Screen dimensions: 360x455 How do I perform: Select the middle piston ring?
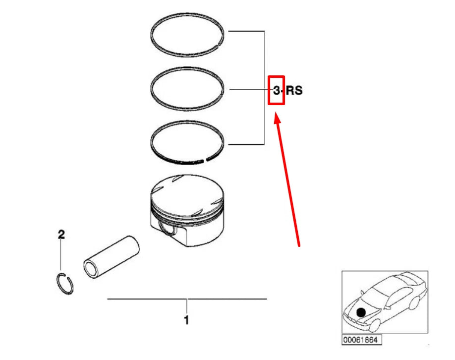click(188, 69)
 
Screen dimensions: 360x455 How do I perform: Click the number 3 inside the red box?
click(277, 91)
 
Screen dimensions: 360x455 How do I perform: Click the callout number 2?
click(61, 235)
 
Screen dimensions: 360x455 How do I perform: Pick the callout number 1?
click(186, 320)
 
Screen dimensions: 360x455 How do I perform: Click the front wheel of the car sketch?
click(373, 325)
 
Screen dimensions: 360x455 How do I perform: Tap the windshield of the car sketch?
click(384, 290)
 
